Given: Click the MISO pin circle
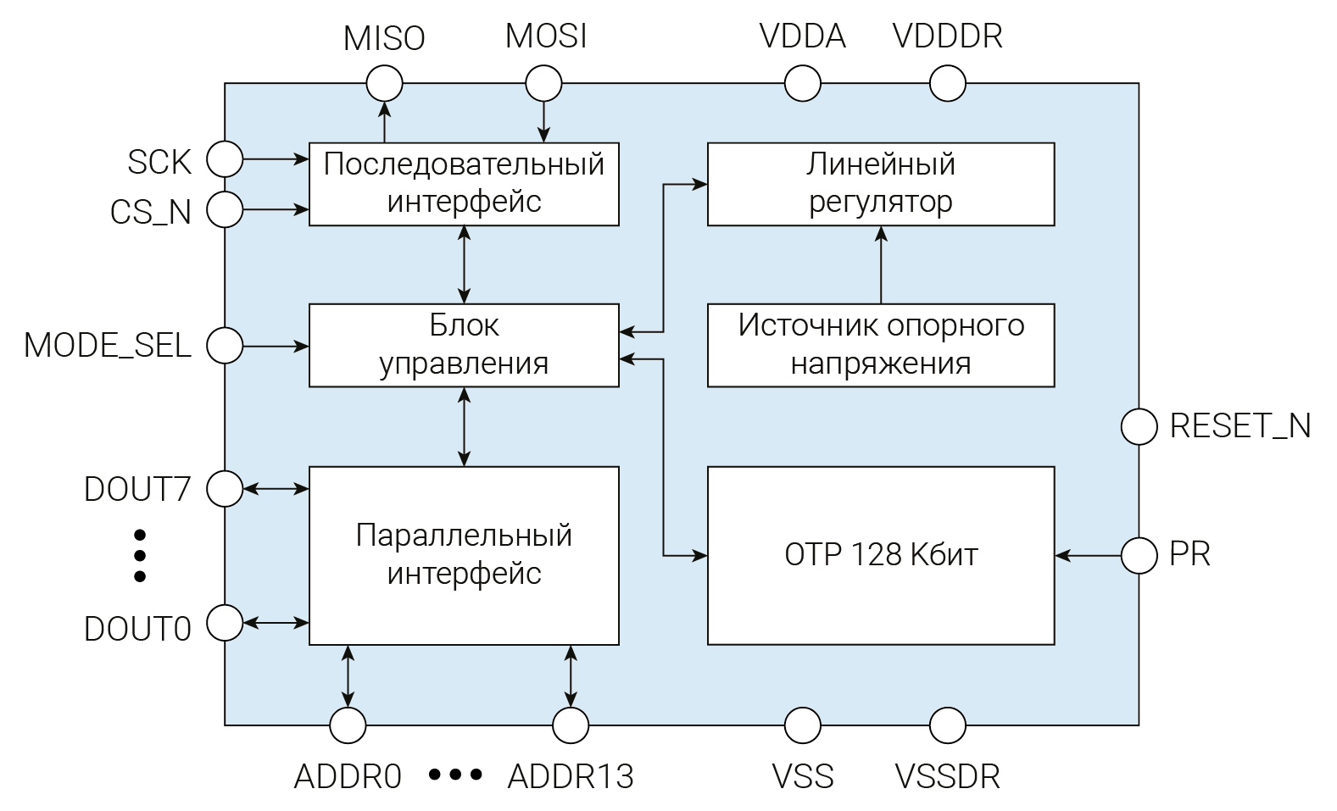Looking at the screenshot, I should [x=384, y=84].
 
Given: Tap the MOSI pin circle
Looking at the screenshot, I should [x=543, y=84].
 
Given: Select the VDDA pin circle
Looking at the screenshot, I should [x=802, y=84].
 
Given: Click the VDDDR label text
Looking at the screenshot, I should [x=947, y=36].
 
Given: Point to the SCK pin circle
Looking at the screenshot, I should [x=226, y=158].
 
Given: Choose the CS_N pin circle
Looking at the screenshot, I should [x=226, y=209].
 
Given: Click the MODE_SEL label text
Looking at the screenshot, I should [x=108, y=346].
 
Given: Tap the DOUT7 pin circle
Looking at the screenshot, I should [x=226, y=489].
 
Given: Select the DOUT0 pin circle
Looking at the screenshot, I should [x=226, y=623].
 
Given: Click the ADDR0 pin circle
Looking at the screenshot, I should [x=348, y=725].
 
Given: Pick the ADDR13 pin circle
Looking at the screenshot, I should [x=571, y=725].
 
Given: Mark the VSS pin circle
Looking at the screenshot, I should [x=802, y=725].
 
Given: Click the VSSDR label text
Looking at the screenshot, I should [x=947, y=776].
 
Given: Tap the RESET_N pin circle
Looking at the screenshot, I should [x=1139, y=426].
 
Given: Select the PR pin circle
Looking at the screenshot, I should [x=1139, y=556].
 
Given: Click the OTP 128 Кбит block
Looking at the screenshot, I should [x=881, y=555].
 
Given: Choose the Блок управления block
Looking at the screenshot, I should [x=464, y=345].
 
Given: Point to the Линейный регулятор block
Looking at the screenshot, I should [x=881, y=184].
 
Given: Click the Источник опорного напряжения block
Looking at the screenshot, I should [x=881, y=345].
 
